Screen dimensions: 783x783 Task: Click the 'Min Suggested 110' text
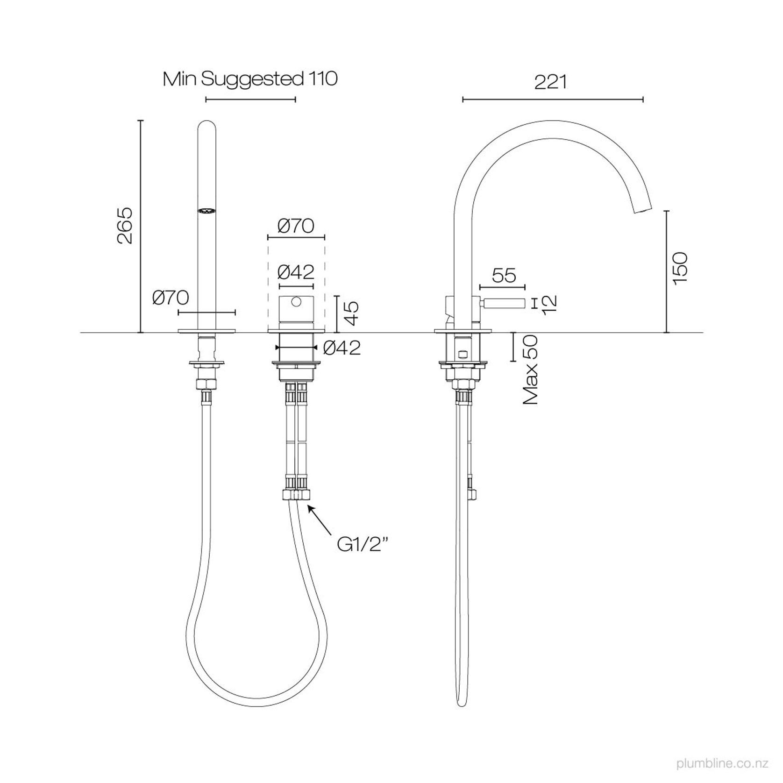[250, 79]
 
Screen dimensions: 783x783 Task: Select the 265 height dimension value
[125, 226]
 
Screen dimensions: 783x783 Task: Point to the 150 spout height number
[680, 267]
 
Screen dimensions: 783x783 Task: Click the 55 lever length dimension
[504, 276]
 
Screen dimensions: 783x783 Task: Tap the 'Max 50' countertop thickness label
[531, 370]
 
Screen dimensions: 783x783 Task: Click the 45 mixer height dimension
[352, 313]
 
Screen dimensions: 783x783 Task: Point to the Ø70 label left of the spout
[171, 297]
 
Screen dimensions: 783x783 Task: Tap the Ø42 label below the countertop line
[342, 348]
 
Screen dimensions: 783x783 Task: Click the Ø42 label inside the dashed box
[296, 271]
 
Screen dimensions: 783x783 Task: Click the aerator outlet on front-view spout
[207, 211]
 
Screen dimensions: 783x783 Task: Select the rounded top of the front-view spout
[207, 126]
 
